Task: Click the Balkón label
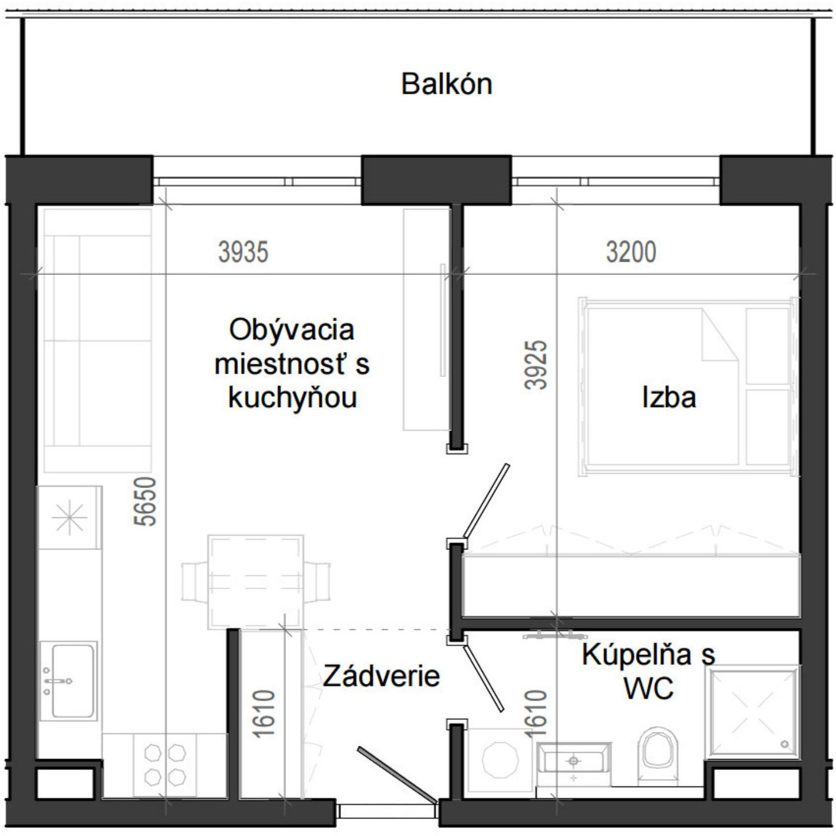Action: pos(446,84)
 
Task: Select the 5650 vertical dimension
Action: pos(145,501)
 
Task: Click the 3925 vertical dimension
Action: pos(535,365)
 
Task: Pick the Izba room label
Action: pos(669,397)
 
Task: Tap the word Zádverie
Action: pos(381,676)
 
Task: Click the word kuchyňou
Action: pos(292,397)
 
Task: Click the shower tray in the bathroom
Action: pos(753,714)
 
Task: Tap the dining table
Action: pos(256,582)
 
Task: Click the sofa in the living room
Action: pos(98,340)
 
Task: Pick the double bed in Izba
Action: pos(688,386)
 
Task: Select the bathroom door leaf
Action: pos(483,679)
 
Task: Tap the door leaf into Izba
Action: pos(486,501)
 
